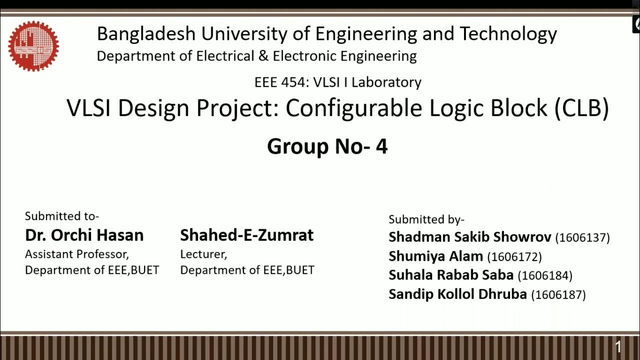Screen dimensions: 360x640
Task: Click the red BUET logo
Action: [x=33, y=46]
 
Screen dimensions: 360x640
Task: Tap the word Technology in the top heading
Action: [x=508, y=34]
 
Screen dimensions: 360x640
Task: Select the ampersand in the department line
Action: [x=263, y=56]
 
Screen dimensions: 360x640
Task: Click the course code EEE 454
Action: [x=280, y=82]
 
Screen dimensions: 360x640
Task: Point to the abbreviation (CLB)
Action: [x=581, y=108]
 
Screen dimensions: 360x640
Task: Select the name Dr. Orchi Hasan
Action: [x=84, y=235]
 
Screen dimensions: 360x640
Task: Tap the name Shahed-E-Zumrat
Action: [x=247, y=235]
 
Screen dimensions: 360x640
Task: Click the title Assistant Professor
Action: [x=77, y=254]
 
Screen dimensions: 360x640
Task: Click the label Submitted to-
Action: [x=62, y=216]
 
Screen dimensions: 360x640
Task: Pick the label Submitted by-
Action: [x=426, y=219]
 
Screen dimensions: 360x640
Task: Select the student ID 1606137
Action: [x=582, y=237]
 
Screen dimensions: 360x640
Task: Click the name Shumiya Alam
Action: [x=435, y=256]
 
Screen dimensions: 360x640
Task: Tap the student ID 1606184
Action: [x=545, y=275]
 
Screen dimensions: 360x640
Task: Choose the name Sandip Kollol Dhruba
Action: [x=457, y=294]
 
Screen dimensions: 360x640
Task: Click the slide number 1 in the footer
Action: [x=618, y=347]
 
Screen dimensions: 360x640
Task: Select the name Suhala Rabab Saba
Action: [x=451, y=275]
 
